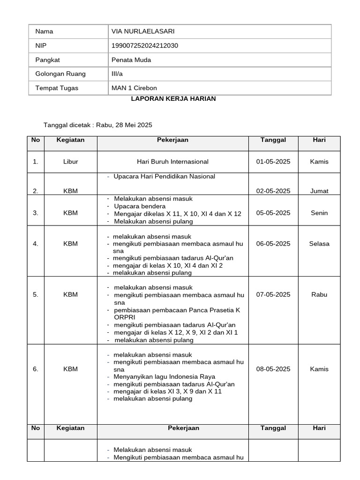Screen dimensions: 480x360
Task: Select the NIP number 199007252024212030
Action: (144, 45)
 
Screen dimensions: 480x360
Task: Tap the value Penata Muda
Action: (131, 60)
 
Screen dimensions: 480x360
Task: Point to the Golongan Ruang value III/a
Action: (117, 74)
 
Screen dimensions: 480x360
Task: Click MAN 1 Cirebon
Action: (134, 88)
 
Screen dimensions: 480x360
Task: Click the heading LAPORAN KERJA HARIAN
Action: (172, 99)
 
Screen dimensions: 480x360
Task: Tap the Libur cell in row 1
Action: (70, 162)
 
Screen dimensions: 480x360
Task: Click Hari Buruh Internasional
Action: (172, 162)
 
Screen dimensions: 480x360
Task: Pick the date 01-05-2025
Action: (273, 162)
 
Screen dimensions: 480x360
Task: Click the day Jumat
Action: (319, 191)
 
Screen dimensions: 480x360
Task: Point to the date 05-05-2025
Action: (273, 213)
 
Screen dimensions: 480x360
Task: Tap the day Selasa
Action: (319, 244)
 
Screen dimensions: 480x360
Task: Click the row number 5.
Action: (36, 295)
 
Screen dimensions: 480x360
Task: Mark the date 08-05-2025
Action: (273, 369)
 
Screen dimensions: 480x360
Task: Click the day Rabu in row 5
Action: (319, 295)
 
